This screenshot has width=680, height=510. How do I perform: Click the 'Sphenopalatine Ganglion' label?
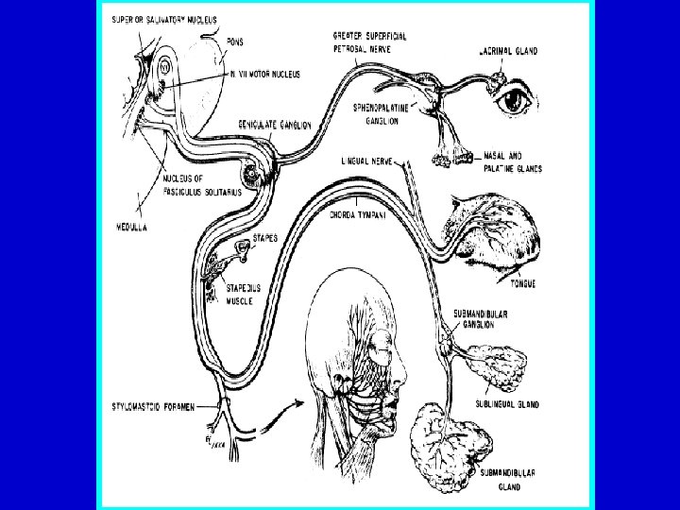tap(385, 115)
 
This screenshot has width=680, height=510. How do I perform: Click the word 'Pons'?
tap(240, 42)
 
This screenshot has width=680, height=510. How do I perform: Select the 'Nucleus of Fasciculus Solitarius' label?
tap(199, 185)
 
